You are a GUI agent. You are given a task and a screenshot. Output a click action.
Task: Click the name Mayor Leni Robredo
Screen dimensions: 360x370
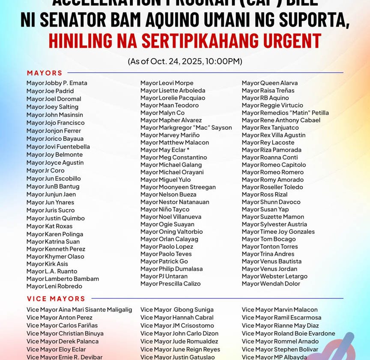54,286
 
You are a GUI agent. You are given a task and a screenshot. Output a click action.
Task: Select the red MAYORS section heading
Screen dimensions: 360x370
45,73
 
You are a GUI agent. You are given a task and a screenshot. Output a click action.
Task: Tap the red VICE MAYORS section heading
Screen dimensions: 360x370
56,299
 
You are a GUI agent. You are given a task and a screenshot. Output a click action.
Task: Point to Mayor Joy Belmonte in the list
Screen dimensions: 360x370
54,155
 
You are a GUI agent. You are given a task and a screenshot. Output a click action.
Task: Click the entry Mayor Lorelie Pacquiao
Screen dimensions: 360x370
173,98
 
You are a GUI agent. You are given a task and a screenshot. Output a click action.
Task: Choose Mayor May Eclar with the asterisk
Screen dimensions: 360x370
165,150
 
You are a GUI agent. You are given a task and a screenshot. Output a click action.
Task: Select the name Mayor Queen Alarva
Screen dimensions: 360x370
269,83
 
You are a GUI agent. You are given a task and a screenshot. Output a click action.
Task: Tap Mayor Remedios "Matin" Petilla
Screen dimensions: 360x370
285,113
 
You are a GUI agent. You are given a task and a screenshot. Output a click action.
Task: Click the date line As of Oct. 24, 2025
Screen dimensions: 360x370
185,61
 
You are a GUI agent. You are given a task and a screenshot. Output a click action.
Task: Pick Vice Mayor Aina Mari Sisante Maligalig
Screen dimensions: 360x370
79,310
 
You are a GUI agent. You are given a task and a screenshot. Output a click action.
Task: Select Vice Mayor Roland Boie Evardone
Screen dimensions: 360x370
288,333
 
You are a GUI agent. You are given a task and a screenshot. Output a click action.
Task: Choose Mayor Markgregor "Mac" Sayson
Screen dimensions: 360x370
186,128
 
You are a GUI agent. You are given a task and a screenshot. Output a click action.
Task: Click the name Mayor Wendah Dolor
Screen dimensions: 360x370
271,284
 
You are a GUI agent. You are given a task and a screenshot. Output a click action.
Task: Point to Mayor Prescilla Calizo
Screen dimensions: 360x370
170,284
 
